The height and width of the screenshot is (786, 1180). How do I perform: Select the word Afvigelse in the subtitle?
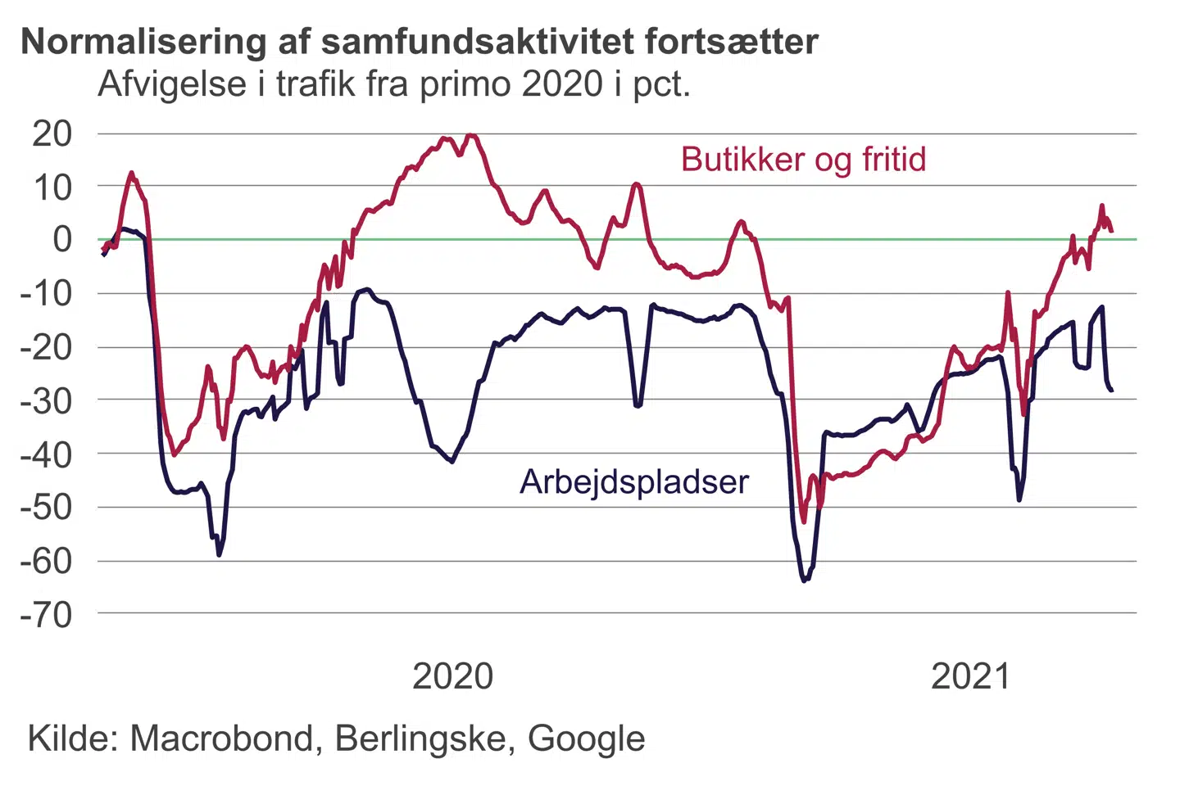172,84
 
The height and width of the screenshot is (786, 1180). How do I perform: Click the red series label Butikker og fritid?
803,160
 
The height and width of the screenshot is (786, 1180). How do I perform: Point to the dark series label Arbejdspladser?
633,482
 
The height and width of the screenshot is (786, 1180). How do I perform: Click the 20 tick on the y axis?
52,133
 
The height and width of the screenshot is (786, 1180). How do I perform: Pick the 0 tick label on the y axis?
62,240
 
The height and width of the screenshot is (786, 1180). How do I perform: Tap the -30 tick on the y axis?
47,400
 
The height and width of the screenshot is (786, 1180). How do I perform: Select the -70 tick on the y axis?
47,614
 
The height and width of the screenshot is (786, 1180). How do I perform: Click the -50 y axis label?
47,508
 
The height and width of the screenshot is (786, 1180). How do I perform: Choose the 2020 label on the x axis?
452,677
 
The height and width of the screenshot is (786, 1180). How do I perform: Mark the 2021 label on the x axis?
971,677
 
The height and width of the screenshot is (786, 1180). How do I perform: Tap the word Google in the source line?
586,739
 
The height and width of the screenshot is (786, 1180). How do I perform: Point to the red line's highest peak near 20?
470,135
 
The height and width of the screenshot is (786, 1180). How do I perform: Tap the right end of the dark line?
1112,391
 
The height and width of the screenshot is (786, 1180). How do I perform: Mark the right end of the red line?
1112,232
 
